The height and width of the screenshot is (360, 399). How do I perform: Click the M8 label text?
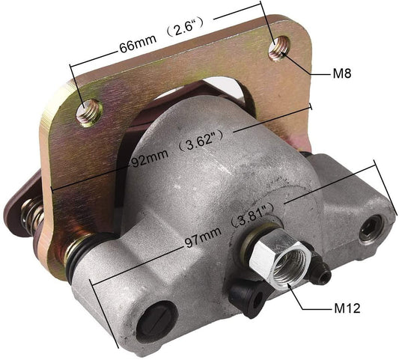pos(341,74)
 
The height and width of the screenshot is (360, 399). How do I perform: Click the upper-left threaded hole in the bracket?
pos(89,112)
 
